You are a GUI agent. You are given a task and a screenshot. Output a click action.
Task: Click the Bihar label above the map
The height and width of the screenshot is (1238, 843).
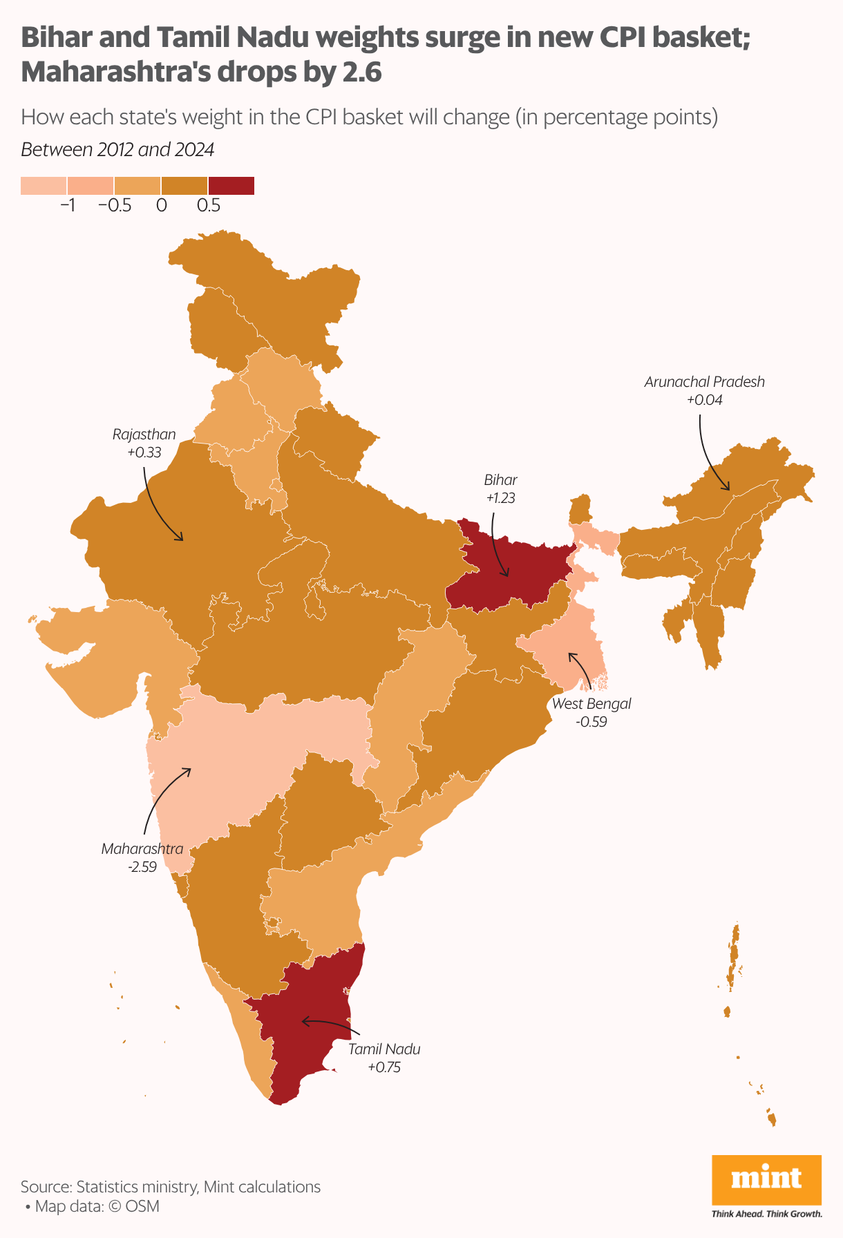pos(500,479)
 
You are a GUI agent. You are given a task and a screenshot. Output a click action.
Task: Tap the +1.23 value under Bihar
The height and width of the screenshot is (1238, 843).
pos(500,498)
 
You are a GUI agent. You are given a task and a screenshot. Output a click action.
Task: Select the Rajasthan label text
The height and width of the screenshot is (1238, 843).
pos(144,435)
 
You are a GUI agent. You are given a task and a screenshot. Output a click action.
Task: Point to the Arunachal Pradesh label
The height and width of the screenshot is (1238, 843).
pos(704,381)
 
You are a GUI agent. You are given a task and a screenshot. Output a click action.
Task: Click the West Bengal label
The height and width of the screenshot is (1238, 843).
pos(591,704)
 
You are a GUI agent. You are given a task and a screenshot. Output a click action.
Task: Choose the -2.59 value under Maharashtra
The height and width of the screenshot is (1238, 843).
pos(142,867)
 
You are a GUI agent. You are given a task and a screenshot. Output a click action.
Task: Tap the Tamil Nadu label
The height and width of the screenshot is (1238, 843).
pos(384,1049)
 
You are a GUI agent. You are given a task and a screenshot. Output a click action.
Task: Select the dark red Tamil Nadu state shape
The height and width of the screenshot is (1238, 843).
pos(311,1022)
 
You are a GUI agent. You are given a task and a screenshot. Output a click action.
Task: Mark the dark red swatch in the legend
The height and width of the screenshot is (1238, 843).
pos(231,186)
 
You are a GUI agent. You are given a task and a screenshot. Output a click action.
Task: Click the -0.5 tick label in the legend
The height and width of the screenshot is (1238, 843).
pos(115,206)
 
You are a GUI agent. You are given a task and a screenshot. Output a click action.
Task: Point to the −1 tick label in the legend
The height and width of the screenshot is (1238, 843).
pos(68,206)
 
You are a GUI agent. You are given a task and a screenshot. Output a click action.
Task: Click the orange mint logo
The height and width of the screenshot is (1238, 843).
pos(766,1179)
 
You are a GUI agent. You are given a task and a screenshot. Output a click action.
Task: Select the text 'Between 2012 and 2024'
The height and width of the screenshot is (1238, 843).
pos(117,149)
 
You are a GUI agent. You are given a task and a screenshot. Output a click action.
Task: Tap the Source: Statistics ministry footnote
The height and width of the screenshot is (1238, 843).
pos(171,1187)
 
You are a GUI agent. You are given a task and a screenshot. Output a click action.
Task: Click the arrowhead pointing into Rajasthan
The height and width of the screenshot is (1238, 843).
pos(182,539)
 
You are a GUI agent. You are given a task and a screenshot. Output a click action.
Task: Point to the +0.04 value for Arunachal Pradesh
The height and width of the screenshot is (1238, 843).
pos(704,400)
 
